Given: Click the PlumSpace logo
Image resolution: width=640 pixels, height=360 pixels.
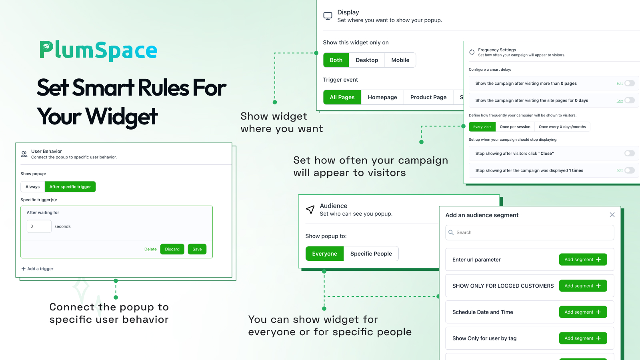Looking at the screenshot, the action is (98, 50).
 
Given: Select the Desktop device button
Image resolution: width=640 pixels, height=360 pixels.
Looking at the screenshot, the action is (366, 60).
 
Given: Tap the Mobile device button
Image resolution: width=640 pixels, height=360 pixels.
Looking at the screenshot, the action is (400, 60).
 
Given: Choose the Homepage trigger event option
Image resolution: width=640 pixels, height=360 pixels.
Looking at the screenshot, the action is (382, 97).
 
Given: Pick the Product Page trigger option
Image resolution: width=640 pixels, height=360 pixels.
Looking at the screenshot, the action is (428, 97).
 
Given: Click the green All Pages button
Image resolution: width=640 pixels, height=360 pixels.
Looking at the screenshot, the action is (342, 97).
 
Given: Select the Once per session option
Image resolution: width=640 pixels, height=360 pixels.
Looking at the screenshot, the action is (515, 126).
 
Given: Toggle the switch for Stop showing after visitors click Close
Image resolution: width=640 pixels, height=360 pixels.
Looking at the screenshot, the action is (630, 154).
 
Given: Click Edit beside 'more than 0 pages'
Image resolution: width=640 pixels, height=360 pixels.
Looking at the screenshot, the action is (620, 84).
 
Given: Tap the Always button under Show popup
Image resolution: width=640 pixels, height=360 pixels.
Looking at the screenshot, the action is (32, 186).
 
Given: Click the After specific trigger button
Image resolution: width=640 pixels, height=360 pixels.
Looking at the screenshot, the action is (70, 186).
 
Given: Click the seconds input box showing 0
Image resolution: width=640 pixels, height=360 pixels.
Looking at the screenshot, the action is (39, 226).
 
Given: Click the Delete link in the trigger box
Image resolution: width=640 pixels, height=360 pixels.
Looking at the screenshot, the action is (150, 249).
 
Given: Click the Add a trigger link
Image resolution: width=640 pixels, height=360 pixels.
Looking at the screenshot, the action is (38, 268).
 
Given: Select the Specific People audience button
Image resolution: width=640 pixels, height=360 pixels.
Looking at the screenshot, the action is (371, 254).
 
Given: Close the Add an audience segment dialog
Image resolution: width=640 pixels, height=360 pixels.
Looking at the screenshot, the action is (612, 215).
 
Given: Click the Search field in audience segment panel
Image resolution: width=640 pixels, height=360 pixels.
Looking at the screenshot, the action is (530, 232).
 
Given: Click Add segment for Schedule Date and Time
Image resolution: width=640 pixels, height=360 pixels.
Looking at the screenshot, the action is (583, 312).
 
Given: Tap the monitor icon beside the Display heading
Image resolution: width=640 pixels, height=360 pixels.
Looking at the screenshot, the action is (328, 16).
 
